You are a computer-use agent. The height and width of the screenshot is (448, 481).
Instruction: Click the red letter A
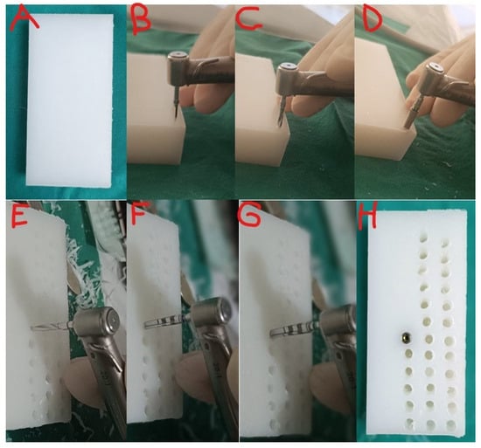pos(24,18)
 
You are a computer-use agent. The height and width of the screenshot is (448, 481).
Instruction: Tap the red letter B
pos(141,20)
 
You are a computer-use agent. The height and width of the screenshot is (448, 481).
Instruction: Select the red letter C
pos(248,18)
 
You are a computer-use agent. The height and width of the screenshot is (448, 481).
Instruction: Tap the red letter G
pos(250,215)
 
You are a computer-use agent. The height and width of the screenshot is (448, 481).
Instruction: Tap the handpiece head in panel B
pos(178,69)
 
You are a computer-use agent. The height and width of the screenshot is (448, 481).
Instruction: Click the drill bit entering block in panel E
pos(52,327)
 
